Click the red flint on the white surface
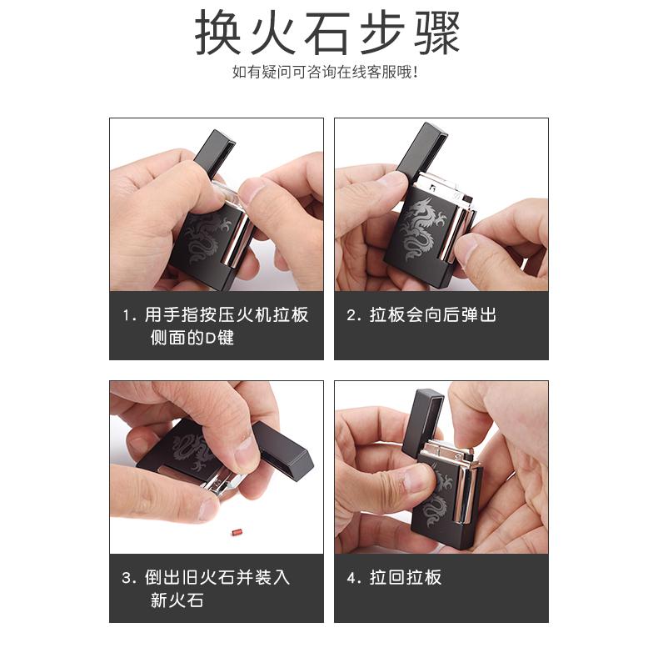coord(237,532)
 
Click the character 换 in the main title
coord(219,33)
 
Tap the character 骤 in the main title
coord(437,33)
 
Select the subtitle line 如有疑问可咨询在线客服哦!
coord(325,72)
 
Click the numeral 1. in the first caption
coord(129,316)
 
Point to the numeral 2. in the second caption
coord(354,316)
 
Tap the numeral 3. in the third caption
coord(129,578)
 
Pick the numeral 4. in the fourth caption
coord(354,578)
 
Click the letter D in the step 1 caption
coord(211,339)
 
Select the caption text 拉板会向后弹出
coord(433,315)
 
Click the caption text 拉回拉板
coord(406,578)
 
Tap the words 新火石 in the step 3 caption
coord(177,600)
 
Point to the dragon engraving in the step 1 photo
coord(207,237)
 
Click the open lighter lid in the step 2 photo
coord(422,149)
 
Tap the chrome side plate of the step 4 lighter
coord(463,495)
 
